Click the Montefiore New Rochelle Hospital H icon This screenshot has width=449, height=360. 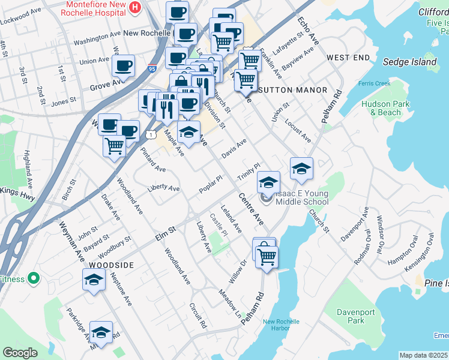[135, 8]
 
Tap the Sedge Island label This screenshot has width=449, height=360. [411, 62]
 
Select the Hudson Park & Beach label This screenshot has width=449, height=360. [381, 107]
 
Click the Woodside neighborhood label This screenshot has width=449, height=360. [110, 265]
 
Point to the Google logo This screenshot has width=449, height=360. [20, 353]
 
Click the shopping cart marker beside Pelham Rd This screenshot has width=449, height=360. [267, 256]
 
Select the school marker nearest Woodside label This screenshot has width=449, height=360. [94, 280]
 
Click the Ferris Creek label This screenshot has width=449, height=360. [374, 83]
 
